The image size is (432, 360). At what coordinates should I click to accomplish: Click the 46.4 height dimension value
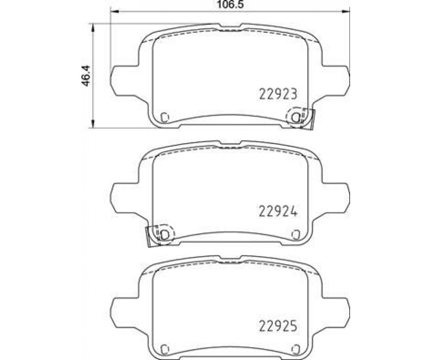[x=85, y=76]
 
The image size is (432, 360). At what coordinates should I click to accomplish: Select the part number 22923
[x=278, y=94]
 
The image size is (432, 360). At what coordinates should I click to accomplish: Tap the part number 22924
[x=278, y=211]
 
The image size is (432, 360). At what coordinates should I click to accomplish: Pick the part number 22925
[x=278, y=326]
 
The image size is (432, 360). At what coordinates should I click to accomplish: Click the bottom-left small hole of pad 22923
[x=165, y=117]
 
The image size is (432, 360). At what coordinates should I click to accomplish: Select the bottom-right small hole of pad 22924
[x=295, y=234]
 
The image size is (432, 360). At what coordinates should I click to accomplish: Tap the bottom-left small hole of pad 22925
[x=165, y=349]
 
